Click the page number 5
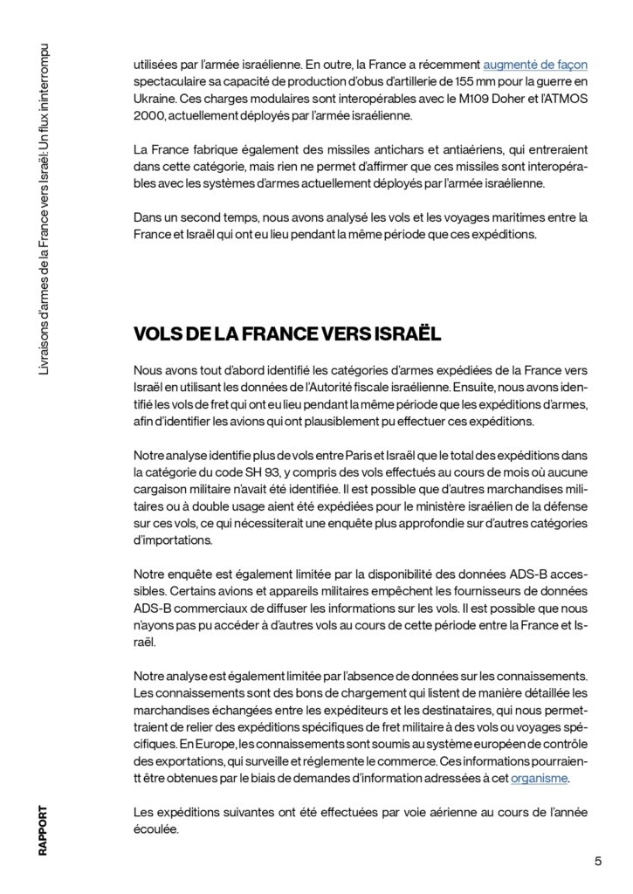(x=598, y=861)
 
